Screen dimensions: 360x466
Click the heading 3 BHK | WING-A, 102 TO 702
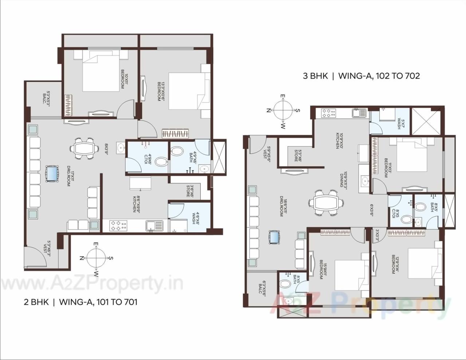(361, 76)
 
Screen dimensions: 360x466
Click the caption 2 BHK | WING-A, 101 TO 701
(80, 302)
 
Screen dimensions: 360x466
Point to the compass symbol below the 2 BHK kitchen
(95, 258)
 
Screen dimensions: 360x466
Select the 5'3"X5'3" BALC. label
(46, 98)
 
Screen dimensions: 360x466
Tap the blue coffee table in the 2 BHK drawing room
(52, 174)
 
